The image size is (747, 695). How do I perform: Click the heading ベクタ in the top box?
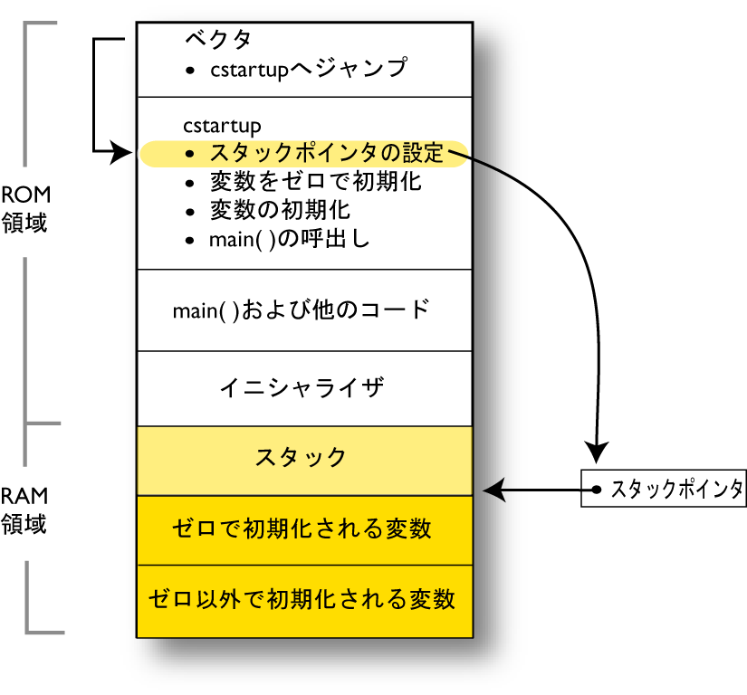tap(218, 39)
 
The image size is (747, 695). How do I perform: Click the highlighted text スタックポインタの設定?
tap(327, 153)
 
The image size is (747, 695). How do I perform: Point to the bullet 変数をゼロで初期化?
tap(315, 181)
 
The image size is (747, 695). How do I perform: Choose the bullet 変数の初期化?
tap(281, 210)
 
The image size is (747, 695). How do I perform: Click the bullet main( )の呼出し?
tap(289, 240)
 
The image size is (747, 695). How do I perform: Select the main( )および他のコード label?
tap(301, 310)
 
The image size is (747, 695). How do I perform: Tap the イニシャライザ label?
tap(303, 388)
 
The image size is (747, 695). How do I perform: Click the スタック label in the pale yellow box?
tap(301, 457)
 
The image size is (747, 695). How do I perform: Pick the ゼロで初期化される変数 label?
tap(302, 528)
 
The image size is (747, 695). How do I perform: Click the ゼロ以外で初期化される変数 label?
tap(302, 598)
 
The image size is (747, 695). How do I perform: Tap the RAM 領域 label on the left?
tap(24, 509)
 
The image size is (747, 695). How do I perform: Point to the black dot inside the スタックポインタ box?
tap(597, 490)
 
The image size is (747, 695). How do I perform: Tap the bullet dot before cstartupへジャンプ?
tap(188, 70)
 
